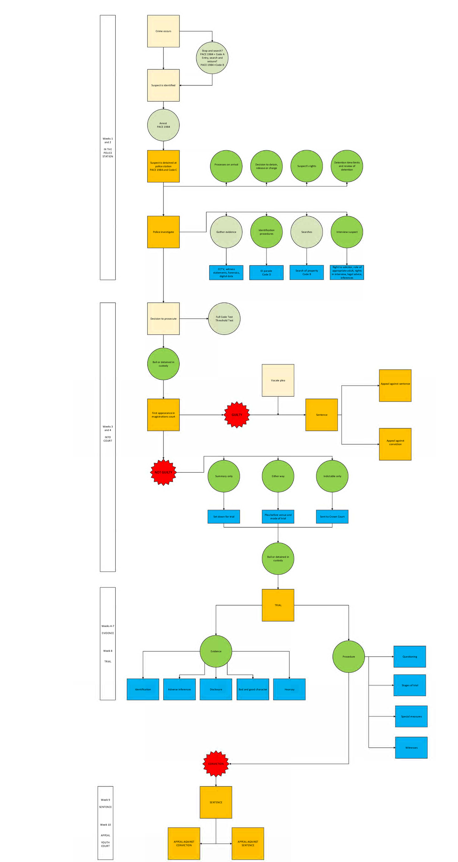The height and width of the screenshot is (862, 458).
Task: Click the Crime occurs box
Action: click(163, 31)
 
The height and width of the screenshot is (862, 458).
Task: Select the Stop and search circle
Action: click(212, 58)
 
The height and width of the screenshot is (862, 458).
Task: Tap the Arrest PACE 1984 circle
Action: click(163, 125)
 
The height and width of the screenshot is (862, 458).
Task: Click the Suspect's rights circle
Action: click(306, 166)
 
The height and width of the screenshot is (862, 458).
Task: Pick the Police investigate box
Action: click(163, 232)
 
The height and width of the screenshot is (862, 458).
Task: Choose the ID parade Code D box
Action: click(266, 273)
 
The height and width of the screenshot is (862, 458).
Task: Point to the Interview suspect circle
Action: click(347, 232)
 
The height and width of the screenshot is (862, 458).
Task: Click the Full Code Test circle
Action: click(224, 318)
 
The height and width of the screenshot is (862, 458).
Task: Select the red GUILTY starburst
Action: click(237, 415)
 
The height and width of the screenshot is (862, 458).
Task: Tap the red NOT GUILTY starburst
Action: click(163, 472)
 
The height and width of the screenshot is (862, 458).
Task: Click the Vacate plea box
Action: click(278, 380)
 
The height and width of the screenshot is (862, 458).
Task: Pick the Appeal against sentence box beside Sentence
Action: click(395, 385)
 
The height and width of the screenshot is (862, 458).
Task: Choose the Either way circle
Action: click(278, 476)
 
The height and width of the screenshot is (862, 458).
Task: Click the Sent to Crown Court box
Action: click(332, 516)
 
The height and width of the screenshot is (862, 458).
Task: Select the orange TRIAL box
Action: click(278, 605)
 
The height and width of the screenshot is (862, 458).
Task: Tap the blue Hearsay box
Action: click(289, 689)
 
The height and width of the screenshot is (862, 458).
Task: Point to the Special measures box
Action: click(411, 716)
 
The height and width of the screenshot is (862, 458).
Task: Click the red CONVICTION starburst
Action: click(216, 764)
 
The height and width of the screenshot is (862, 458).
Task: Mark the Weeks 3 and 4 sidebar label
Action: click(108, 433)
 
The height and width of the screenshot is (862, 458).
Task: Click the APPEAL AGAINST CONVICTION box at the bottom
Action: click(184, 843)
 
